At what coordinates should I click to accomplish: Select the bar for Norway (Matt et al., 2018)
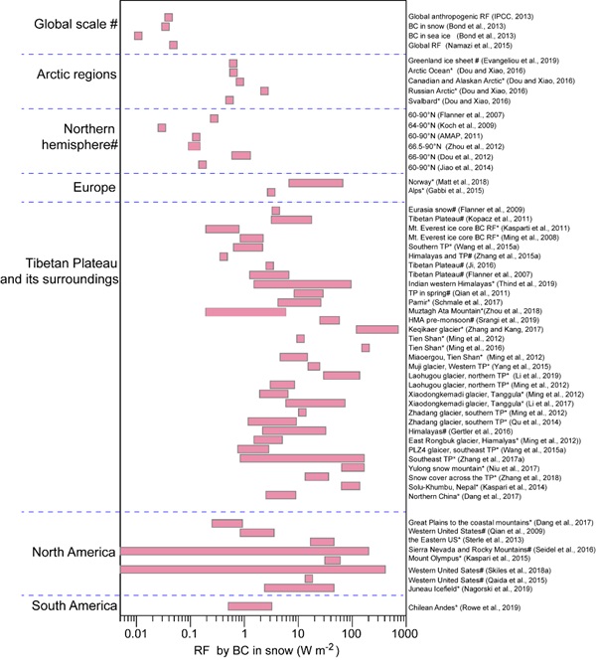click(x=316, y=183)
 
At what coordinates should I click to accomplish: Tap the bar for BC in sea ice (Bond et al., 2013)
click(x=138, y=36)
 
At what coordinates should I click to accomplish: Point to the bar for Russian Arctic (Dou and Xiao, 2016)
click(x=264, y=90)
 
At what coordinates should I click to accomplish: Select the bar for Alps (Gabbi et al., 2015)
click(x=271, y=192)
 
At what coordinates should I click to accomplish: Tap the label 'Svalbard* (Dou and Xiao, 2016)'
click(x=459, y=100)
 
